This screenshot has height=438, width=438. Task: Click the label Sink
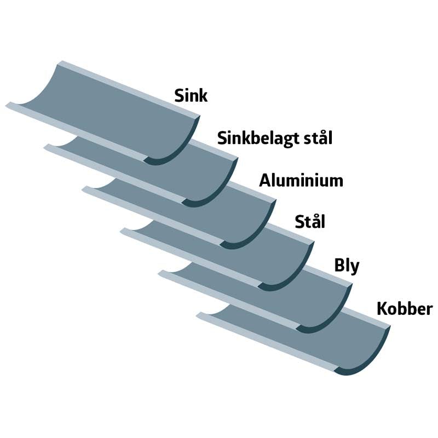[x=191, y=96]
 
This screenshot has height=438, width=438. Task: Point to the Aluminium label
[x=301, y=181]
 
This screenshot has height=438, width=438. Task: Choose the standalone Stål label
[x=310, y=222]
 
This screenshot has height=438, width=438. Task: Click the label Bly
[x=347, y=266]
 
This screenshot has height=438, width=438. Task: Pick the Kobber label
[x=405, y=309]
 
